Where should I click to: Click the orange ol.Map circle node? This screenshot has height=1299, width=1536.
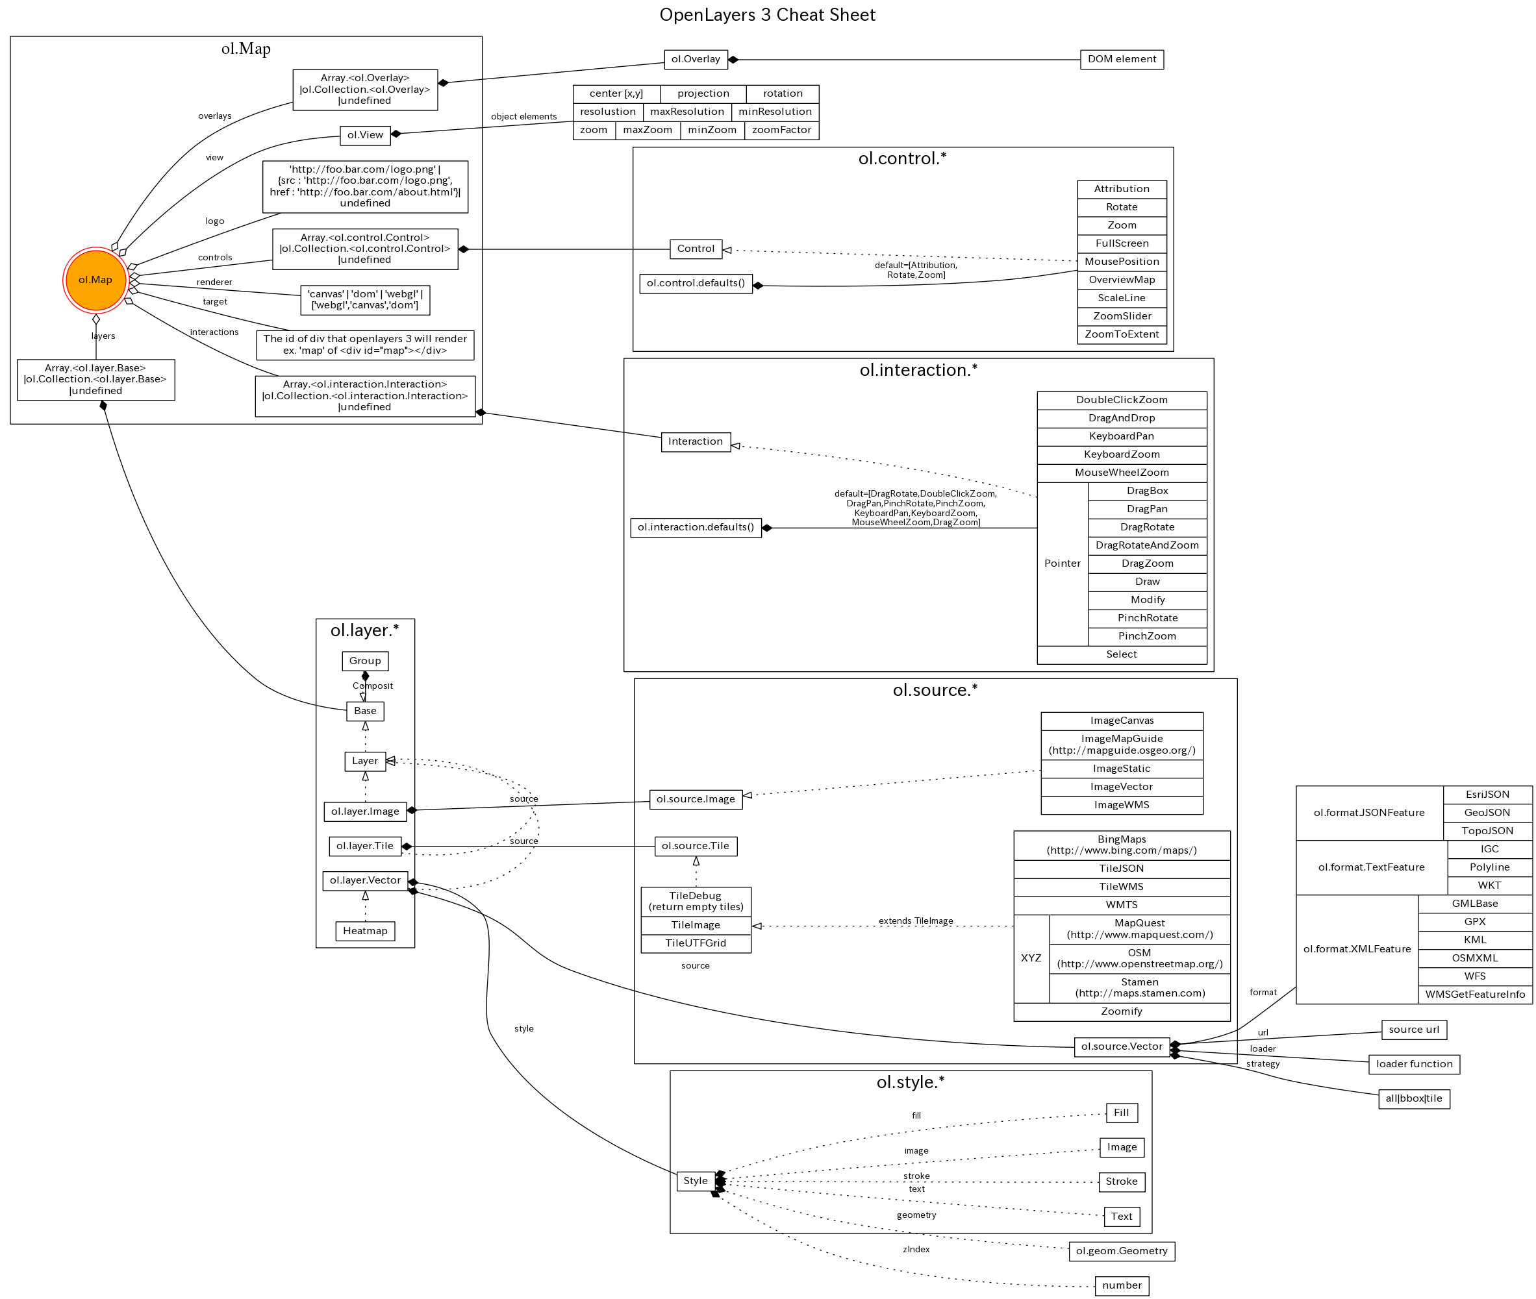[x=95, y=280]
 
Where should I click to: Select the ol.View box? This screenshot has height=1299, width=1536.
[x=364, y=136]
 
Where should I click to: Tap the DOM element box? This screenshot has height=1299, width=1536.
[x=1121, y=60]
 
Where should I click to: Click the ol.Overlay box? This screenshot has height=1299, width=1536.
[x=696, y=60]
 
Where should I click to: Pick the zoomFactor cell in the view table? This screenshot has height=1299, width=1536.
[x=781, y=130]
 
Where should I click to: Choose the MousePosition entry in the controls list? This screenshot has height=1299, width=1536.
[x=1121, y=262]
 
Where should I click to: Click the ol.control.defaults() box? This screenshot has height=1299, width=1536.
[x=696, y=284]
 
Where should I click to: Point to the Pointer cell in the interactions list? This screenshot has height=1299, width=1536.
[x=1062, y=563]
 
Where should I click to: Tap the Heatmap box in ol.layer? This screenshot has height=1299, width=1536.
[x=364, y=931]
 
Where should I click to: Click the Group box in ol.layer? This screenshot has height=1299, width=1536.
[x=364, y=661]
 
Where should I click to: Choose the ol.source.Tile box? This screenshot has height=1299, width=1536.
[x=695, y=846]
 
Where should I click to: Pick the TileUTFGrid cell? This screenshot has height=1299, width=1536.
[x=696, y=943]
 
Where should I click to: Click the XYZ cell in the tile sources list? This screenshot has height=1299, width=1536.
[x=1031, y=958]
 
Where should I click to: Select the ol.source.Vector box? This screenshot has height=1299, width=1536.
[x=1120, y=1046]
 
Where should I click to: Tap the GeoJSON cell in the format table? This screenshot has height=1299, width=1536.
[x=1487, y=813]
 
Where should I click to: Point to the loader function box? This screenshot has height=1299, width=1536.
[x=1413, y=1064]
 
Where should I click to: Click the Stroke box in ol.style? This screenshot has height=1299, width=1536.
[x=1120, y=1182]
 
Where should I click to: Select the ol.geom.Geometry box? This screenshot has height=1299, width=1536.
[x=1120, y=1251]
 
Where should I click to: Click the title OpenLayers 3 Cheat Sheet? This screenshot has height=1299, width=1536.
[x=767, y=16]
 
